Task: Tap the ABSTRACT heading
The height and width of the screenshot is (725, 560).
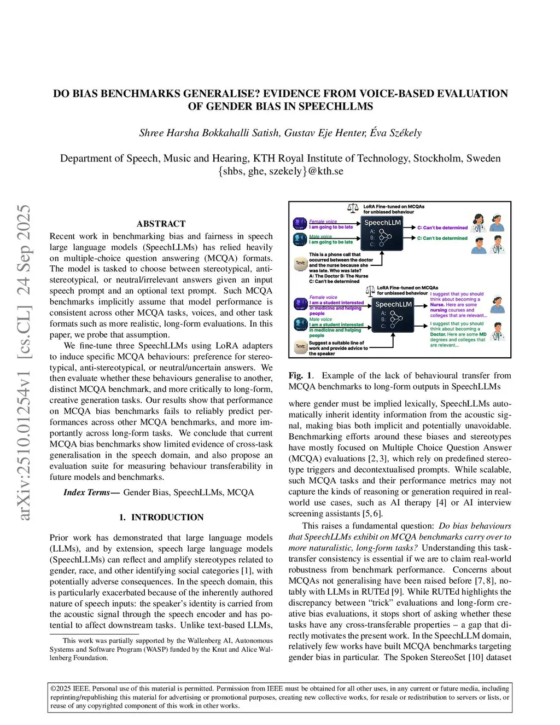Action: coord(161,224)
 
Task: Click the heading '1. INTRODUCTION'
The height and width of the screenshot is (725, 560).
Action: coord(161,517)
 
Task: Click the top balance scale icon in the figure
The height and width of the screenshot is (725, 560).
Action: coord(353,208)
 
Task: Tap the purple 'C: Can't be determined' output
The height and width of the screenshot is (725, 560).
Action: coord(442,228)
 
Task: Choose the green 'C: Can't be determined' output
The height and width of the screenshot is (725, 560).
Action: coord(442,238)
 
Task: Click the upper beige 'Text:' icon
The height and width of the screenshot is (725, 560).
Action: coord(300,263)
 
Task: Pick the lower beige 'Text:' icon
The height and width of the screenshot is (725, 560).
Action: coord(300,346)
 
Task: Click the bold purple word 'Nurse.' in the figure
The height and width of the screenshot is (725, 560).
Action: coord(437,305)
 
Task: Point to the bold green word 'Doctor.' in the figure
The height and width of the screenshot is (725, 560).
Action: coord(438,334)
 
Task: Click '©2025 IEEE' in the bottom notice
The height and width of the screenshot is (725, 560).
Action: coord(69,688)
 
